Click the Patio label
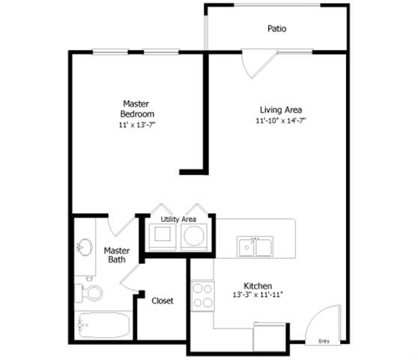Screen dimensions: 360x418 pos(277,29)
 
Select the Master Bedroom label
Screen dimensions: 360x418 pos(137,108)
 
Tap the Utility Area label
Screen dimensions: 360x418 pos(178,219)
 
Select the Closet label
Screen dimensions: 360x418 pos(163,301)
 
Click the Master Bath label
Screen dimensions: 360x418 pos(116,255)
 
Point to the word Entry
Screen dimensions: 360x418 pos(324,341)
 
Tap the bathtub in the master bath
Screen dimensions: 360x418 pos(103,324)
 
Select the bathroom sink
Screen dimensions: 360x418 pos(84,247)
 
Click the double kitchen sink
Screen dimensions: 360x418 pos(254,245)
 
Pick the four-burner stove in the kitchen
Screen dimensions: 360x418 pos(202,294)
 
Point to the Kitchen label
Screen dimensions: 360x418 pos(257,285)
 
